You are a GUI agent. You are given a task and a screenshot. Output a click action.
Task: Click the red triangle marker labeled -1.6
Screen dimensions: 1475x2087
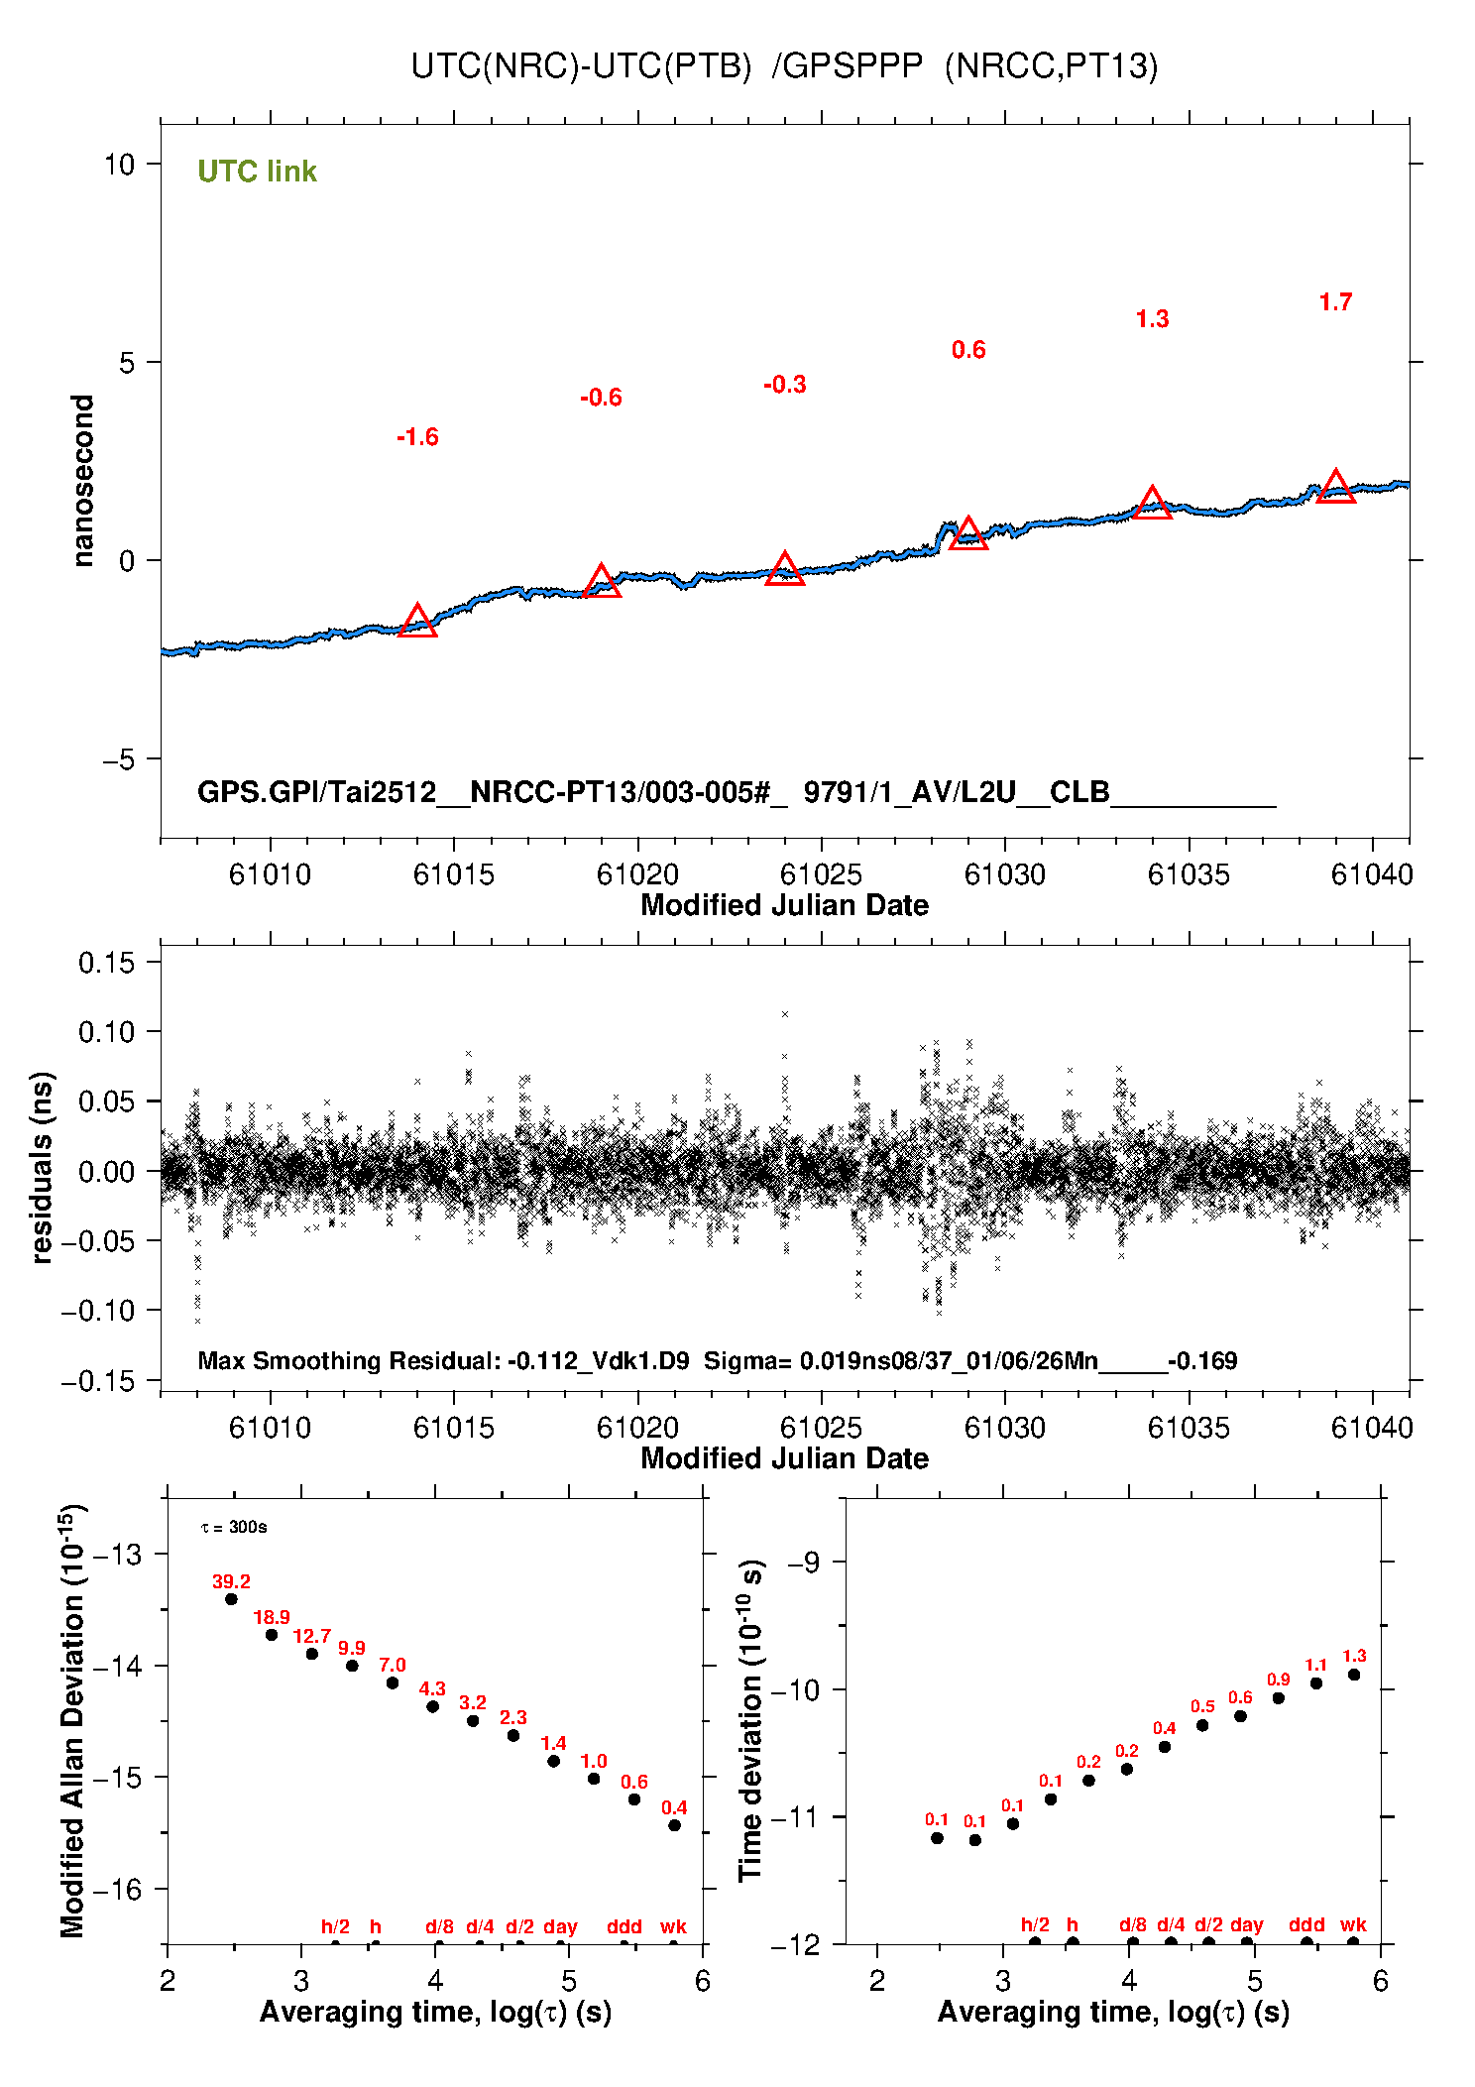(x=417, y=622)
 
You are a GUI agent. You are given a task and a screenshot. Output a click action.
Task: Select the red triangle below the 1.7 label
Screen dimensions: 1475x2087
(x=1335, y=487)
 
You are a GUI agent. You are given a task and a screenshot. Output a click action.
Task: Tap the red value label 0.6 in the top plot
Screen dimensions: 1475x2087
(x=968, y=350)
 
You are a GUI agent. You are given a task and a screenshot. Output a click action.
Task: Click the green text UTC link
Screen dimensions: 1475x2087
(x=257, y=172)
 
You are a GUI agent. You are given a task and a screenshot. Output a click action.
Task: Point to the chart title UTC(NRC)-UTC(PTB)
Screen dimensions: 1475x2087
(x=582, y=65)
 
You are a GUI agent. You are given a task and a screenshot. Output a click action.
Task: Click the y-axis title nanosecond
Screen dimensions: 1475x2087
(x=82, y=481)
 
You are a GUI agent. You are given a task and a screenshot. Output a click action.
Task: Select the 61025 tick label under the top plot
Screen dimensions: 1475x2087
(x=821, y=874)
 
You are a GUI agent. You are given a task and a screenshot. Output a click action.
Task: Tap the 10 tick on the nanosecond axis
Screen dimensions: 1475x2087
(x=120, y=165)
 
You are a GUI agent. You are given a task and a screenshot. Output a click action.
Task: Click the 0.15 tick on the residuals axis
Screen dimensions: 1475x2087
(x=106, y=963)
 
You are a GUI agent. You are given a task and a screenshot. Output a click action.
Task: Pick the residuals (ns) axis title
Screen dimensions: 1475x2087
(x=42, y=1168)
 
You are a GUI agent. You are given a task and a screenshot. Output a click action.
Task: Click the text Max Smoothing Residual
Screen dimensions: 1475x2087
(x=348, y=1360)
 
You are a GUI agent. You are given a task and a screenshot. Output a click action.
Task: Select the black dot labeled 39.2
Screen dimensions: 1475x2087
(x=231, y=1599)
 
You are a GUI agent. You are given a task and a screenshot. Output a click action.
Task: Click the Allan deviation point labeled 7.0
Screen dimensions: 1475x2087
(x=393, y=1683)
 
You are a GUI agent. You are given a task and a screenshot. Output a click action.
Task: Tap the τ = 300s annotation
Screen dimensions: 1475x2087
(x=234, y=1527)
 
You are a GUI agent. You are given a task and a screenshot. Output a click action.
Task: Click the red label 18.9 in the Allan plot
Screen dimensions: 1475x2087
(x=272, y=1618)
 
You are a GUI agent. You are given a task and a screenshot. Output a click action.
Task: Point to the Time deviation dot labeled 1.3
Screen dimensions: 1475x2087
(x=1354, y=1675)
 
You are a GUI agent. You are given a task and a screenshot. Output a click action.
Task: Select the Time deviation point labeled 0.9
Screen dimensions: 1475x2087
(x=1279, y=1698)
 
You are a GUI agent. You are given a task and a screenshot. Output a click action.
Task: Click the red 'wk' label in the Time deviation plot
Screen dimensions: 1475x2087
(x=1354, y=1925)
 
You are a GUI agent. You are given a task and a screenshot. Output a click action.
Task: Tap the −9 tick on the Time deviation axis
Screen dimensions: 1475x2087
(x=804, y=1563)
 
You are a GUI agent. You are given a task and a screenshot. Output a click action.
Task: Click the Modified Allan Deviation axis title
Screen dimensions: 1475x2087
(x=72, y=1720)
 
